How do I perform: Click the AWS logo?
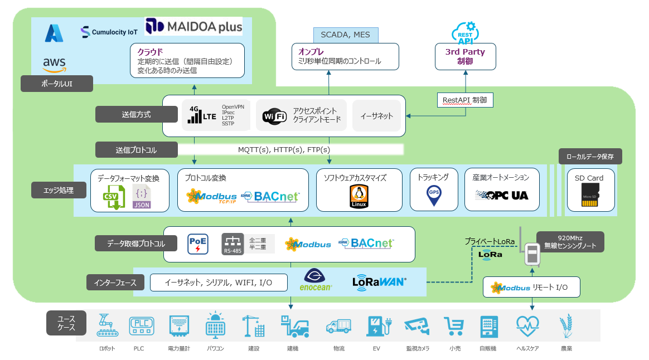point(54,64)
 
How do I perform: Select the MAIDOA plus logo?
point(193,26)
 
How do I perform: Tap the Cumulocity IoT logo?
point(109,32)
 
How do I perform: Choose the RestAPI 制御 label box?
point(465,100)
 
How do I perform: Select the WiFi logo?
point(275,116)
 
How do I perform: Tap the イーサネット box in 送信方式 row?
point(376,116)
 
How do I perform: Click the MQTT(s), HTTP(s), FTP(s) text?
point(284,150)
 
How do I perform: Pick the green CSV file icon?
point(114,198)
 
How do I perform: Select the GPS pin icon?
point(433,195)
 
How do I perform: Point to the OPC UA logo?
point(502,195)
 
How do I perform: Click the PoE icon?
point(198,244)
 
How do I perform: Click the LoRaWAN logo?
point(380,282)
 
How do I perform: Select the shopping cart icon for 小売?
point(454,327)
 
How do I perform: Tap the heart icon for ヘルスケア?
point(526,325)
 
